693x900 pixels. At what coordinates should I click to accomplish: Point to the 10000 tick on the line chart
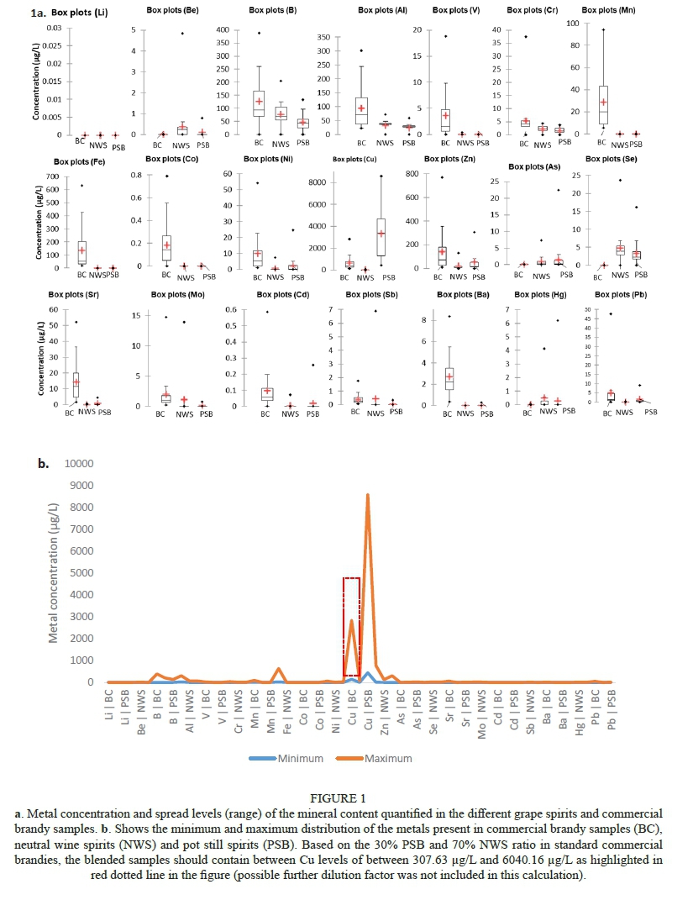coord(78,464)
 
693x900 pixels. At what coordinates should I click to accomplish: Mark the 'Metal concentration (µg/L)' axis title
coord(53,573)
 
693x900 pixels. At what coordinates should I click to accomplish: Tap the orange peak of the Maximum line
coord(367,496)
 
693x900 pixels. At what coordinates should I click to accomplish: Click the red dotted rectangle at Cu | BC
coord(351,626)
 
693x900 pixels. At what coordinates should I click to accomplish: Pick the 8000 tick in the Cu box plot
coord(316,182)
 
